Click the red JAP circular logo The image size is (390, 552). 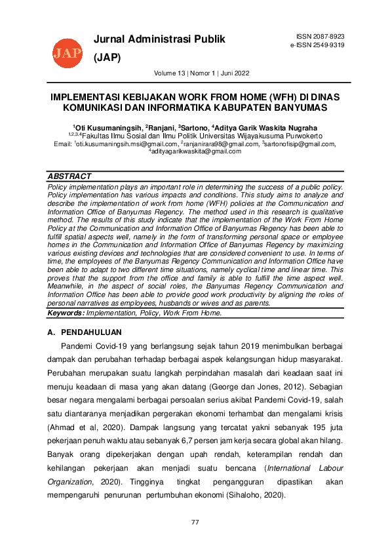click(x=68, y=51)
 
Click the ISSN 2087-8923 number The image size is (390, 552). click(x=320, y=36)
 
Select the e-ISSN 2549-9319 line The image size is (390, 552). click(x=317, y=45)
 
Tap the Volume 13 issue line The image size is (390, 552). click(x=201, y=73)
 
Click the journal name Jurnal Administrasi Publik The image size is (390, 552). click(x=159, y=39)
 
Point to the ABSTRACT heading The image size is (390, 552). click(x=69, y=176)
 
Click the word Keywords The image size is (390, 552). click(x=66, y=313)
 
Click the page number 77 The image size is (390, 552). click(x=195, y=522)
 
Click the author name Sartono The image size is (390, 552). click(x=194, y=127)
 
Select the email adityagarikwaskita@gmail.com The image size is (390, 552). click(x=196, y=151)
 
